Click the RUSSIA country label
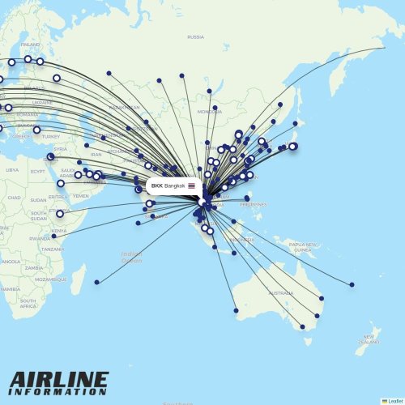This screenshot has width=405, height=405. (x=195, y=37)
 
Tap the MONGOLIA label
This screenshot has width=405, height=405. (x=209, y=111)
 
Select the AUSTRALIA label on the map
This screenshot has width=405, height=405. (x=280, y=292)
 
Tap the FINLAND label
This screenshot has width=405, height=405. (x=30, y=45)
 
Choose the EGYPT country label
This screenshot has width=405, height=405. (x=38, y=171)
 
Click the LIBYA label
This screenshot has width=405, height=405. (x=11, y=170)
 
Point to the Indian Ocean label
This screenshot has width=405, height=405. (x=131, y=257)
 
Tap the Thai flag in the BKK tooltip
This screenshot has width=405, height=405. (x=192, y=186)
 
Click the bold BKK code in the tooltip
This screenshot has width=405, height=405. (x=156, y=186)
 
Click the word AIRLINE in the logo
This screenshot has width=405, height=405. (x=58, y=379)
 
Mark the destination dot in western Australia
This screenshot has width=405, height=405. (x=236, y=310)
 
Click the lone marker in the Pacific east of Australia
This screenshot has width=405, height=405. (x=352, y=284)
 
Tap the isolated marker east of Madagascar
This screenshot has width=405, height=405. (x=96, y=282)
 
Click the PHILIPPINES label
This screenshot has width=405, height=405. (x=253, y=205)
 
